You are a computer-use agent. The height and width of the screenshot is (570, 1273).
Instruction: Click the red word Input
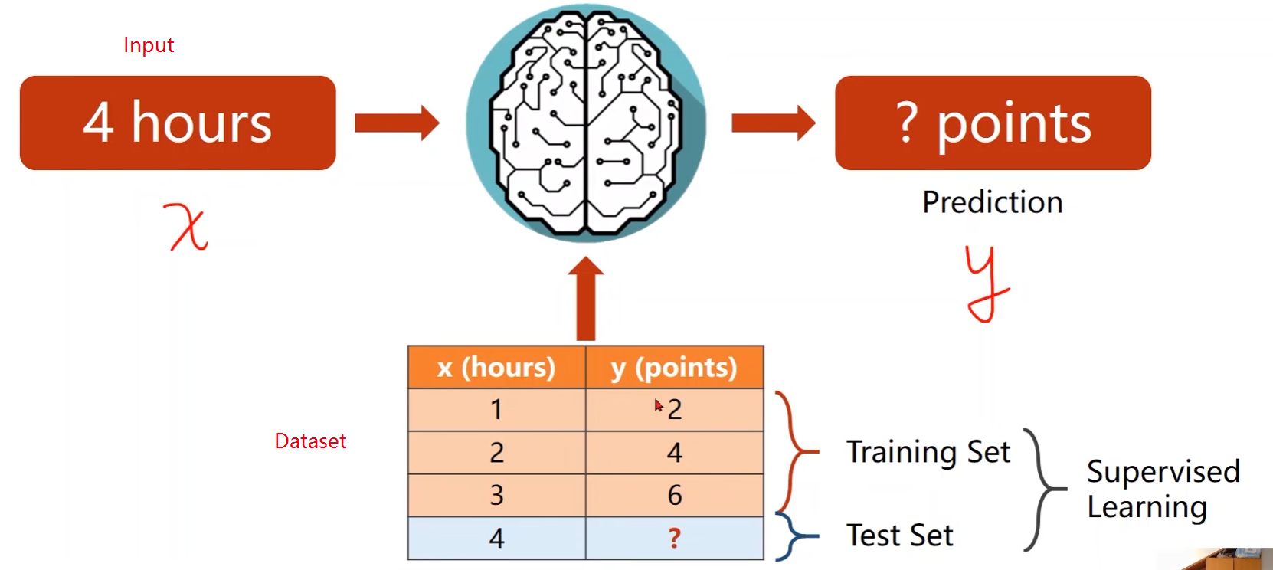(x=149, y=45)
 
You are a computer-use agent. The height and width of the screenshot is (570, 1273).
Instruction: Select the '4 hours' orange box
(x=178, y=123)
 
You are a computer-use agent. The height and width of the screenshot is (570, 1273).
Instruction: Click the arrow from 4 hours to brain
(x=397, y=123)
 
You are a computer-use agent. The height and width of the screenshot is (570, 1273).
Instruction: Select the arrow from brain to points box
(x=774, y=123)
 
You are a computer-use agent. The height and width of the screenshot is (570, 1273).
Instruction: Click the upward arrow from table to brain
(x=586, y=299)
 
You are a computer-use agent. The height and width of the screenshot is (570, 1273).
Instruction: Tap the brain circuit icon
(x=586, y=123)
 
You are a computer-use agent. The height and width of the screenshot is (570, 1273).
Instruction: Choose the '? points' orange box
(x=993, y=123)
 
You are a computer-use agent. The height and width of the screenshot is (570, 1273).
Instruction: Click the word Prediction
(x=993, y=202)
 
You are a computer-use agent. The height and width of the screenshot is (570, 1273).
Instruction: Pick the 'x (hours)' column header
(x=496, y=368)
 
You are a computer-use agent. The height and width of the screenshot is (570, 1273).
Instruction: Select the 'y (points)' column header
(x=674, y=368)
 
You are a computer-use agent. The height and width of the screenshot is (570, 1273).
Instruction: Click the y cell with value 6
(x=674, y=495)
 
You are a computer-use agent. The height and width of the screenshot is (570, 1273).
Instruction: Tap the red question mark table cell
(x=674, y=538)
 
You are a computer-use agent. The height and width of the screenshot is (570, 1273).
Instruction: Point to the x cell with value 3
(x=496, y=495)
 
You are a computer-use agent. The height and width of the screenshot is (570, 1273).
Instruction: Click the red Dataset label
(x=310, y=441)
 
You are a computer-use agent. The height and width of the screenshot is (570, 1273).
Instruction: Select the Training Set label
(x=928, y=452)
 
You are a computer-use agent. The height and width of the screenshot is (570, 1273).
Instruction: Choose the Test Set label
(x=900, y=536)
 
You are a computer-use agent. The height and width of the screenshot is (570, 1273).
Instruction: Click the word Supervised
(x=1163, y=471)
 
